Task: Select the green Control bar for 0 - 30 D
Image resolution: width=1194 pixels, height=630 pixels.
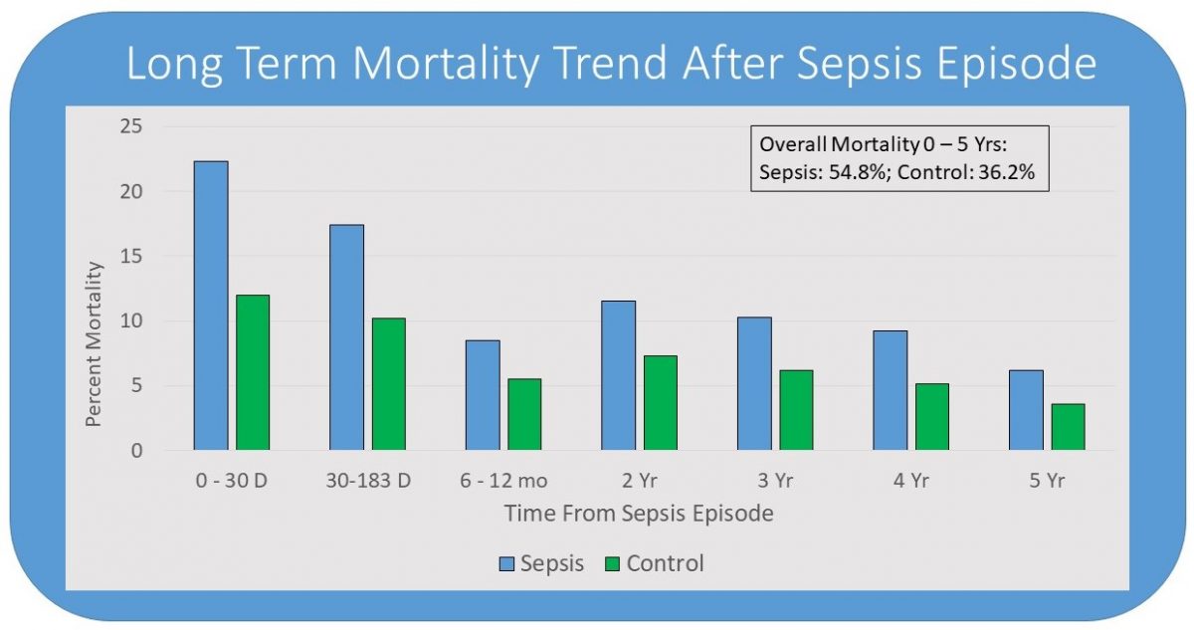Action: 253,372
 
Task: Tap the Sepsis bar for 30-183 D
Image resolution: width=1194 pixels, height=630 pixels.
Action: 346,337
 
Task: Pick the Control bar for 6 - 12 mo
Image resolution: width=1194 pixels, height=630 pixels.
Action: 524,414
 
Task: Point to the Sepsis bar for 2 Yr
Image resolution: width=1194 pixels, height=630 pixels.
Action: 618,375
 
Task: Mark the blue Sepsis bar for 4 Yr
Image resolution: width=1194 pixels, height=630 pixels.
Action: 890,390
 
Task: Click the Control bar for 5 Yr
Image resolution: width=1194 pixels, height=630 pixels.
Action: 1068,427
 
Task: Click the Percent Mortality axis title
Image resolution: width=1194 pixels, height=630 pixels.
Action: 94,343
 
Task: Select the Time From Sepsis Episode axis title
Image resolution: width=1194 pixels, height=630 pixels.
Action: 639,514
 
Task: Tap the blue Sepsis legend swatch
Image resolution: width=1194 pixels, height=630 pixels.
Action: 506,564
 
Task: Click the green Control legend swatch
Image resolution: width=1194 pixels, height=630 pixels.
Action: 611,564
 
